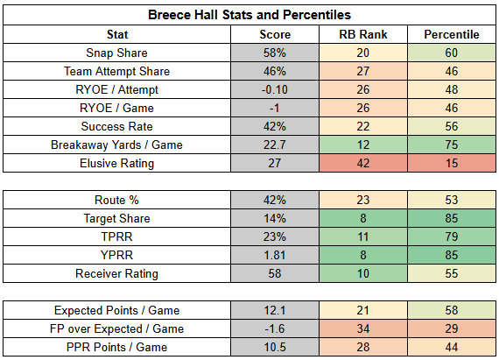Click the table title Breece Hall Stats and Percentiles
(249, 15)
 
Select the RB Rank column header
(363, 34)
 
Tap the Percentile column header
(452, 34)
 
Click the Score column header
(275, 34)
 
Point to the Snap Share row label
(116, 53)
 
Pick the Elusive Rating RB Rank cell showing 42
(363, 163)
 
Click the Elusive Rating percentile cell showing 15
(452, 163)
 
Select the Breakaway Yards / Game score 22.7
(275, 145)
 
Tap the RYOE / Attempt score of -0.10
(275, 89)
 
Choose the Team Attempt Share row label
(116, 71)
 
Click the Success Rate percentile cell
(452, 126)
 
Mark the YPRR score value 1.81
(275, 255)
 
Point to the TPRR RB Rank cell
(363, 236)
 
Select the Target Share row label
(116, 218)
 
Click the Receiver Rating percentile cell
(452, 273)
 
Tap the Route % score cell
(275, 200)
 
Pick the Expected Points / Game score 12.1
(275, 310)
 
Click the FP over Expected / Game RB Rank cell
(363, 328)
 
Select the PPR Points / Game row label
(116, 347)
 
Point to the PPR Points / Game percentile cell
(452, 347)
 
